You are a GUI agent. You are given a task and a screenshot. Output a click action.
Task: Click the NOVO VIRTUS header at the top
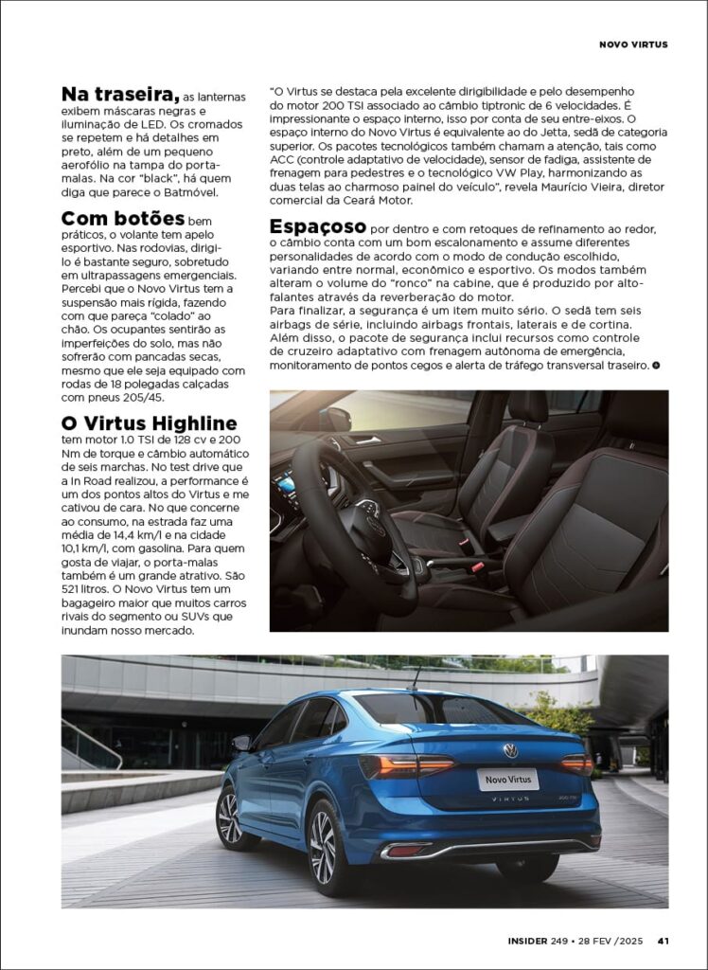[633, 45]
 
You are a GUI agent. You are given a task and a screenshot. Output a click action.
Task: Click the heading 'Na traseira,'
[120, 94]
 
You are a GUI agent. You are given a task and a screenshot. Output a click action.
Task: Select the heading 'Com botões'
[122, 219]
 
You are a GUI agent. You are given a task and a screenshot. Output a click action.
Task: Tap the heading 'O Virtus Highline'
[149, 422]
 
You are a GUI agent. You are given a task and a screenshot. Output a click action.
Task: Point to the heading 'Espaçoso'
[318, 226]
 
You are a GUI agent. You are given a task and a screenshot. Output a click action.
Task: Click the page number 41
[664, 941]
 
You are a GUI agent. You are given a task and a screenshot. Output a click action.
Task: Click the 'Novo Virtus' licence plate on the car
[507, 779]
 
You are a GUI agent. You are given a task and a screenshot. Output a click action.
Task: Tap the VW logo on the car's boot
[511, 751]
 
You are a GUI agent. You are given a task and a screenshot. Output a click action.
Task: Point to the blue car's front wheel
[230, 817]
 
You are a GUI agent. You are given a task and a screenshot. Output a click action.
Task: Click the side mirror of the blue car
[242, 743]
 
